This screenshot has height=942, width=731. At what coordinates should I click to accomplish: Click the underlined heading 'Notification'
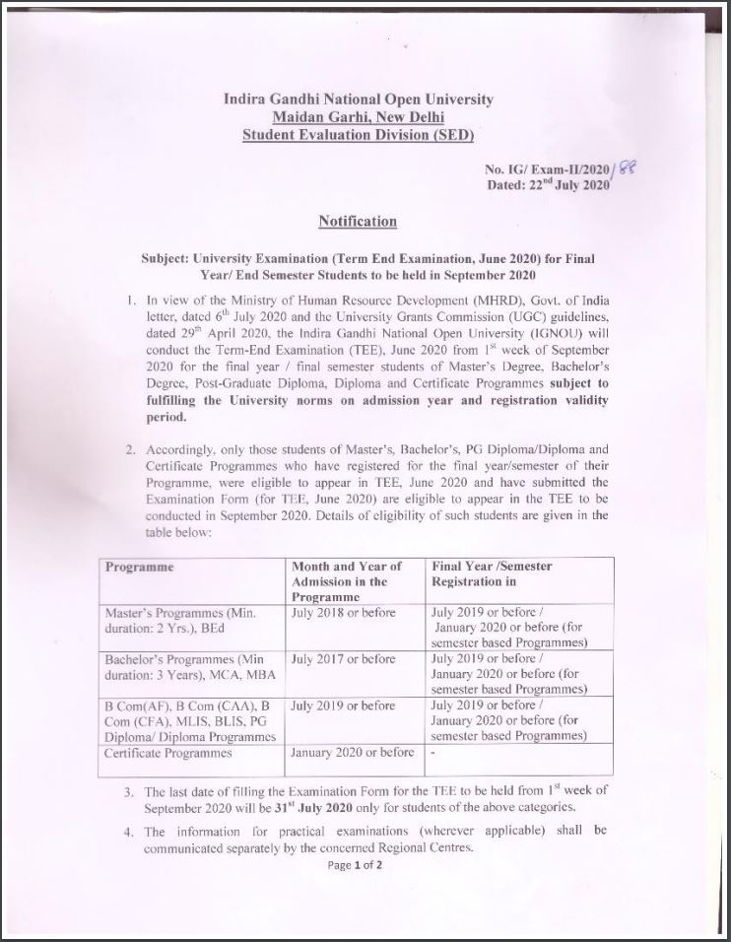tap(358, 222)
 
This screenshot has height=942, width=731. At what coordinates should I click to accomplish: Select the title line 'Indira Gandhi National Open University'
tap(359, 100)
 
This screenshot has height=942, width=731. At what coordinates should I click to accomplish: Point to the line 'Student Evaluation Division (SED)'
tap(359, 134)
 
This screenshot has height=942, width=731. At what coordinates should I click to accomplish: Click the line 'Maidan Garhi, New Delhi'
tap(359, 116)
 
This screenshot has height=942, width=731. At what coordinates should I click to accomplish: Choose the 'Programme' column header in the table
tap(140, 568)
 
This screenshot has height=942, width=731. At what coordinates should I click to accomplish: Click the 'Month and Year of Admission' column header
tap(347, 581)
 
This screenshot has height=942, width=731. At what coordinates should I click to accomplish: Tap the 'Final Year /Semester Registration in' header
tap(492, 574)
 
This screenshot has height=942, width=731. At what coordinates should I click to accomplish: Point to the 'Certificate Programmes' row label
tap(168, 754)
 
